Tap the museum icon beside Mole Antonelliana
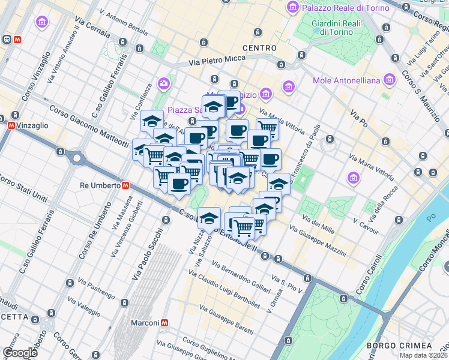coord(391,80)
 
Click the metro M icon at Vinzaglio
coord(11,126)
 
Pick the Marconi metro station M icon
coord(164,322)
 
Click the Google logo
coord(20,353)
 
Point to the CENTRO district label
coord(259,47)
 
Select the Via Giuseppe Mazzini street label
coord(318,237)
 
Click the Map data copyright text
coord(423,355)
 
